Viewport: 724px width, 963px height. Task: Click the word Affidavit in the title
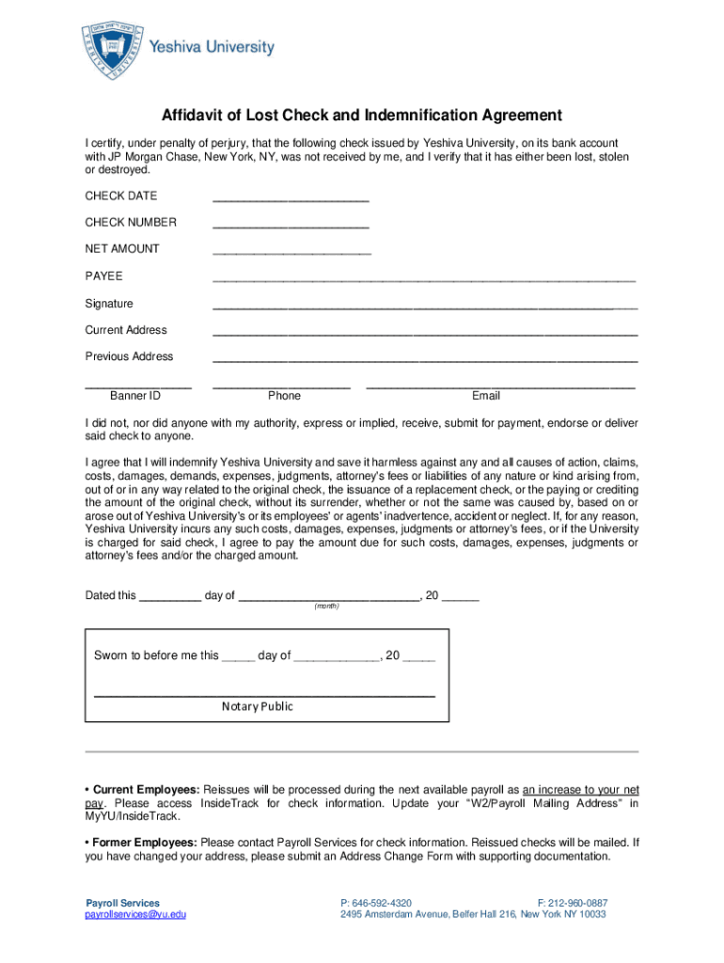point(195,116)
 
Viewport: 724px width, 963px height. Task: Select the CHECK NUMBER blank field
point(291,226)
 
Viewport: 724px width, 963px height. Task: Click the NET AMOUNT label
point(122,249)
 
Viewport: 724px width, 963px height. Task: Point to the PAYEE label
point(104,276)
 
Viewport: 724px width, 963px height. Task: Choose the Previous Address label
point(129,356)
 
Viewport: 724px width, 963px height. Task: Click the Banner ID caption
point(135,396)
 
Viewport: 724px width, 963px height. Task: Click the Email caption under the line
point(486,396)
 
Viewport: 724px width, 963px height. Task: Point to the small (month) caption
point(326,607)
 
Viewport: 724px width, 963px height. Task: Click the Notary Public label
point(258,706)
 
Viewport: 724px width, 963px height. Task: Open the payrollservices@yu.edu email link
point(135,914)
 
